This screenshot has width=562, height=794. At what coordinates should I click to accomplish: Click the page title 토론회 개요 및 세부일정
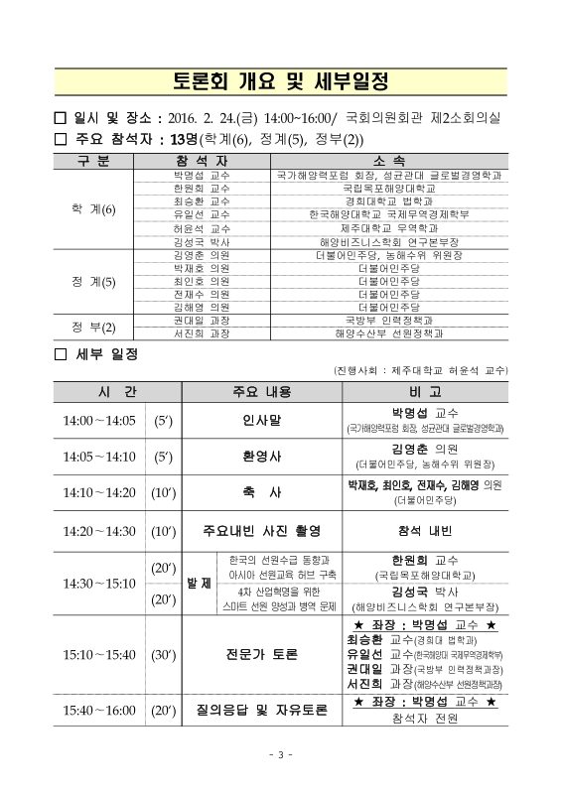281,79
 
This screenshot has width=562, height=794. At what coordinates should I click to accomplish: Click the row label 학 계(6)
93,210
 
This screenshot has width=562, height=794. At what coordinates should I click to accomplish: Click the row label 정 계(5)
93,281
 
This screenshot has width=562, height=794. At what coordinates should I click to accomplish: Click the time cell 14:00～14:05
98,420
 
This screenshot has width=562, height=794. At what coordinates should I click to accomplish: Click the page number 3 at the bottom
281,756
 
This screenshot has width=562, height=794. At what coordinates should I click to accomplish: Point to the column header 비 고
423,391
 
